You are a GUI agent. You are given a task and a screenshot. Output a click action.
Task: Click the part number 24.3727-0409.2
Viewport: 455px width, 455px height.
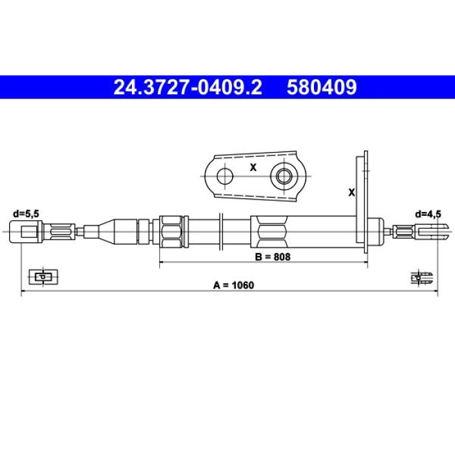[x=187, y=87]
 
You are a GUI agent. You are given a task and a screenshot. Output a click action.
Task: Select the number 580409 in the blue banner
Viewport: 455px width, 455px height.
[x=322, y=87]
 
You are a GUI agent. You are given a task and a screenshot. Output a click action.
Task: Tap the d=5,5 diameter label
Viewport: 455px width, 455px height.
[x=26, y=214]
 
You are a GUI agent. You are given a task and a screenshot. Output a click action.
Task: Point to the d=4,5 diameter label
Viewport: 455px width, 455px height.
[x=428, y=214]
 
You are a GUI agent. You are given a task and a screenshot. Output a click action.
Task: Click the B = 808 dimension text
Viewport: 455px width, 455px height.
[x=272, y=257]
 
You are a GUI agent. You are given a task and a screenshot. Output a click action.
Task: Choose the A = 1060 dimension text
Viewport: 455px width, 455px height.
[x=233, y=285]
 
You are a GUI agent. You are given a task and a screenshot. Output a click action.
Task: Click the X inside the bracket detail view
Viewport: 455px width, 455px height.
[x=253, y=167]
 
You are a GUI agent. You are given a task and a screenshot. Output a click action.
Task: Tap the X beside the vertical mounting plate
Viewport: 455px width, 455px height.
[x=352, y=192]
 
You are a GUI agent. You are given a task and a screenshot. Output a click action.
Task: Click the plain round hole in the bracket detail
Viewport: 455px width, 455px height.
[x=225, y=176]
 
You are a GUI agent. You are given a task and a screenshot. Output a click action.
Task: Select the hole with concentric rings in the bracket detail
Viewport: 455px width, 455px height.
[x=284, y=176]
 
